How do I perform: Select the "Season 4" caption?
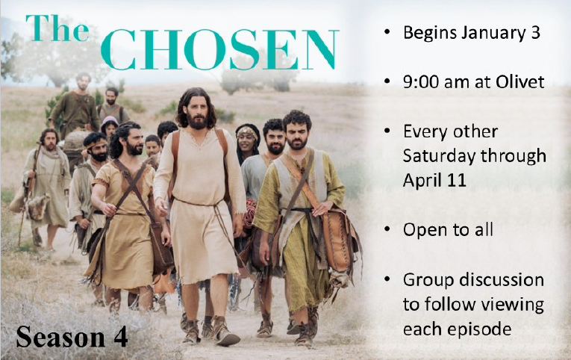coord(72,337)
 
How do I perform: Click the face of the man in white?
coord(195,111)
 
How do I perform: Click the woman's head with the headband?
coord(248,138)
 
